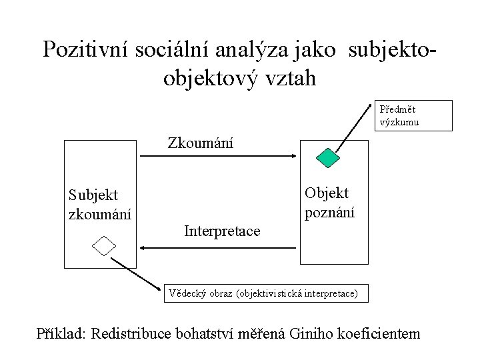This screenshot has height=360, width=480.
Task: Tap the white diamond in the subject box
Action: (x=104, y=246)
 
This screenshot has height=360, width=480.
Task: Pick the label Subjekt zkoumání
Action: (x=100, y=205)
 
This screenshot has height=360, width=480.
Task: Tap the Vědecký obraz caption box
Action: (x=265, y=292)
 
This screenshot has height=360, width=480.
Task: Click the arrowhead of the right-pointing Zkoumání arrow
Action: (x=293, y=157)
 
